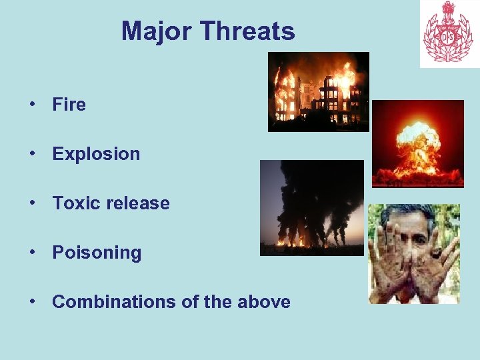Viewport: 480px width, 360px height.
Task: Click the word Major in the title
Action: coord(157,31)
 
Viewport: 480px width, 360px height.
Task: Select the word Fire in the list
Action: coord(69,105)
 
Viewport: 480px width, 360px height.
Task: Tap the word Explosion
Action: coord(96,154)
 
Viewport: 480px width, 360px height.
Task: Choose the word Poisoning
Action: coord(97,253)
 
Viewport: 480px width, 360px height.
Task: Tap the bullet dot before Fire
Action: coord(31,105)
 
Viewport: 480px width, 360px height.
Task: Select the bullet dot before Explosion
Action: coord(31,154)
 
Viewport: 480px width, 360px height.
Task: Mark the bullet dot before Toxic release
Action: coord(31,203)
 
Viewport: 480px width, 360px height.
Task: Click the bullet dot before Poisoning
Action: coord(31,253)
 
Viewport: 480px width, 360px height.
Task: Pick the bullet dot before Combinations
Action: coord(31,302)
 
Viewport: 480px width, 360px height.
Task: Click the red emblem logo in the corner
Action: coord(449,33)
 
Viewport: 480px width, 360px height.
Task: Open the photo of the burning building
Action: coord(318,91)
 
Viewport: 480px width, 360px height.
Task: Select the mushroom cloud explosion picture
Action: coord(417,143)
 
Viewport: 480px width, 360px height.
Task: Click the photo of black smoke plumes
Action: coord(311,207)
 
